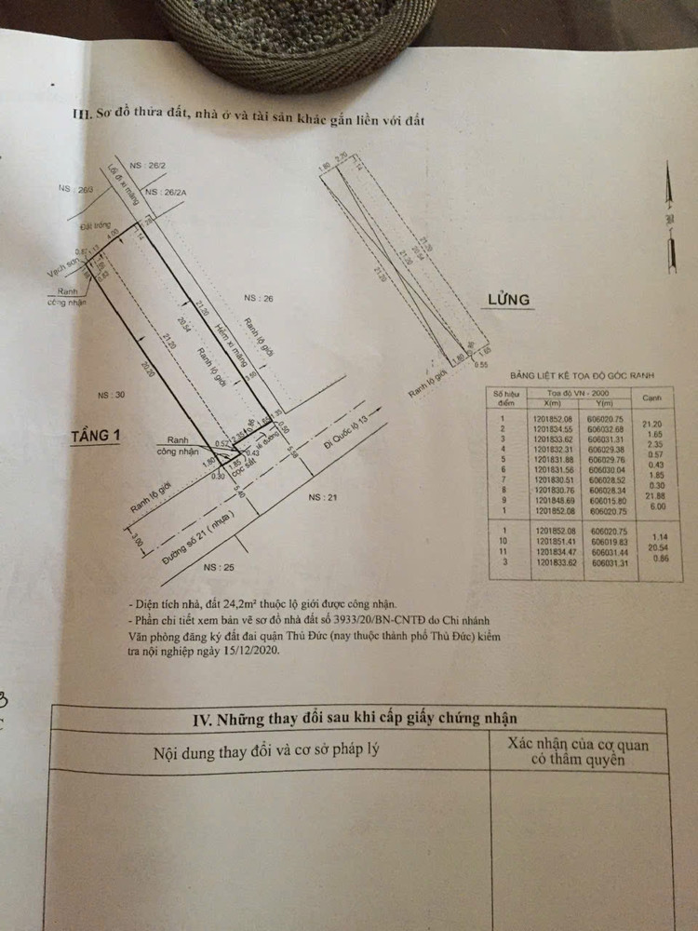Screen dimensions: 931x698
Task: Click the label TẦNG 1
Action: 97,435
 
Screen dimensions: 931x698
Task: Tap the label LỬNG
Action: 508,300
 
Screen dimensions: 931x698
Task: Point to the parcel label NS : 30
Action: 110,395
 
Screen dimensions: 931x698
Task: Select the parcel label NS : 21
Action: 323,498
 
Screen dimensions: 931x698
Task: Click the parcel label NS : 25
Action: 219,567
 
